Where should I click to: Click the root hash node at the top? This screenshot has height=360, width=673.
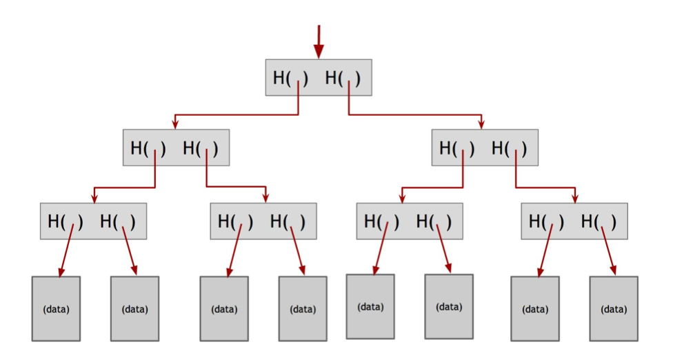[319, 77]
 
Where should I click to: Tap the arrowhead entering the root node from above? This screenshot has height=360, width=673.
[319, 52]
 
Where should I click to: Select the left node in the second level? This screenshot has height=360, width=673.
[176, 148]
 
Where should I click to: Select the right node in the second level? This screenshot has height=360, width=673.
[485, 148]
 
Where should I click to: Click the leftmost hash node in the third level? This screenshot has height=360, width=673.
[93, 221]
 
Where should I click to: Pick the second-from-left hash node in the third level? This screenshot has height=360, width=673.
[263, 221]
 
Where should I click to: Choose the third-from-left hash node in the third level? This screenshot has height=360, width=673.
[410, 221]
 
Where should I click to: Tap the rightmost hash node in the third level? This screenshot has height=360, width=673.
[574, 221]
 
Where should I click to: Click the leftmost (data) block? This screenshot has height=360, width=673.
[56, 308]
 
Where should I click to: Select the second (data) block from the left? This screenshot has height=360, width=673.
[134, 308]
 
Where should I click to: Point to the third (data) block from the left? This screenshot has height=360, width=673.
[224, 308]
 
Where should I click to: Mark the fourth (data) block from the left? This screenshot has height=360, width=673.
[303, 308]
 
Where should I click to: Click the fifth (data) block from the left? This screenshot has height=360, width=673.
[370, 306]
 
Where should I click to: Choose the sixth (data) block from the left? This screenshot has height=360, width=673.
[449, 306]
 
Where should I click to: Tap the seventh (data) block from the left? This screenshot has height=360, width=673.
[535, 308]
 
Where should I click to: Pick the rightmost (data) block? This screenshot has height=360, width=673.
[614, 308]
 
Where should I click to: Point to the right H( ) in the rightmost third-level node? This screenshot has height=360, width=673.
[599, 221]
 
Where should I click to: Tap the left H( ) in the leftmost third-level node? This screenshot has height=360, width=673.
[66, 221]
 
